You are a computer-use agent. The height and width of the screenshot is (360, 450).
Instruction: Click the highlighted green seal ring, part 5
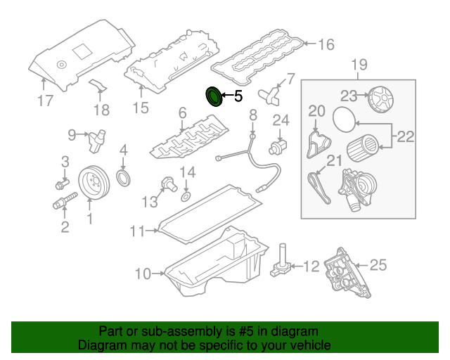(212, 97)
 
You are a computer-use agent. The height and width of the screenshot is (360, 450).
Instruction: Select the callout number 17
(45, 101)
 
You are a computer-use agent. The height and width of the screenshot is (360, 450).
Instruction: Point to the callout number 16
(326, 45)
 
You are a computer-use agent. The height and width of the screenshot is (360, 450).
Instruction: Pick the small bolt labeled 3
(60, 186)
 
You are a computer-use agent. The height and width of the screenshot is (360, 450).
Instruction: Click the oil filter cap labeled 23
(380, 97)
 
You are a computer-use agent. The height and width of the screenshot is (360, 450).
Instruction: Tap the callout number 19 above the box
(359, 66)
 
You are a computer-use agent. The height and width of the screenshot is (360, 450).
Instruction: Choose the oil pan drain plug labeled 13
(168, 182)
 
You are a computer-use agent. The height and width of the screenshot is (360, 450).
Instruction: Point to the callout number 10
(143, 274)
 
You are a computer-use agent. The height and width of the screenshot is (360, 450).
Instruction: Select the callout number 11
(137, 230)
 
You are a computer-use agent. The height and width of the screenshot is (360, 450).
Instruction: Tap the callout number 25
(378, 265)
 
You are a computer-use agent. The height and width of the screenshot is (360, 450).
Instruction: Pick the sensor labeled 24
(278, 146)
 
